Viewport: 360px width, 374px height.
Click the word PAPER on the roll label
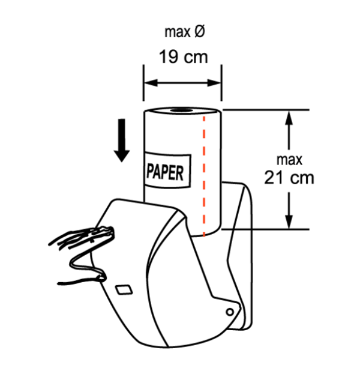[x=165, y=172]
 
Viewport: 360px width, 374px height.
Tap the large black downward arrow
[x=122, y=140]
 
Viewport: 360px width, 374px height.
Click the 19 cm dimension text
[x=184, y=57]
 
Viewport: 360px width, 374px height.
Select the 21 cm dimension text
[x=289, y=178]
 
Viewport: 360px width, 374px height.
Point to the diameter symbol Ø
[x=200, y=31]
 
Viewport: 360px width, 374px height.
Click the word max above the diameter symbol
[x=178, y=32]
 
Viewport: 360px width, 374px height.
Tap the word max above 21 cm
[x=289, y=160]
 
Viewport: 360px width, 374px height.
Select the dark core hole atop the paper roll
[x=182, y=110]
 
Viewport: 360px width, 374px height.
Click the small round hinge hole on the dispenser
[x=230, y=312]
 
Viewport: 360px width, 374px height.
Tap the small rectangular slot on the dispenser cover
[x=124, y=290]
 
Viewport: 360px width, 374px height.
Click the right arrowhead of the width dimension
[x=214, y=83]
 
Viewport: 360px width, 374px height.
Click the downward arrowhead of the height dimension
[x=289, y=222]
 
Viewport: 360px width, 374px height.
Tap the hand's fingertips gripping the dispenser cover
[x=105, y=232]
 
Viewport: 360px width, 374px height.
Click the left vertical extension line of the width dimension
[x=143, y=82]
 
